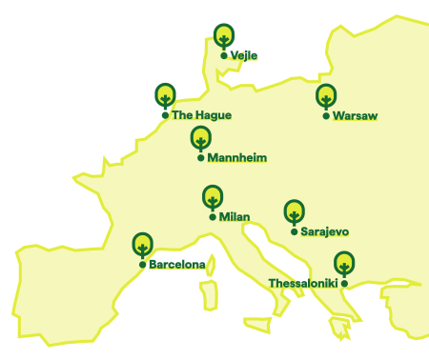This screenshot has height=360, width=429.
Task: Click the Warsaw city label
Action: pos(356,116)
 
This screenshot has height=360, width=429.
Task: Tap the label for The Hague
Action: pos(201,115)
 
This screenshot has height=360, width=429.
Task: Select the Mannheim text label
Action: pos(236,157)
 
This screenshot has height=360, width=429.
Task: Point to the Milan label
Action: pos(235,217)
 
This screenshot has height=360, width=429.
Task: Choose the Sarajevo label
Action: pos(324,231)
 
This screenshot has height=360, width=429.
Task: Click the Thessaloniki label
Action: pos(303,284)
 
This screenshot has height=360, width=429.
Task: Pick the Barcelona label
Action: pos(177,265)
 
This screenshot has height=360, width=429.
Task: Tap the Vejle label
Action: pos(244,55)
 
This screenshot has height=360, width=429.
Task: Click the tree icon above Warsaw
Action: pos(326,96)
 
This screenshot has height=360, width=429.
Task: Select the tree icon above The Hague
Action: pos(165,95)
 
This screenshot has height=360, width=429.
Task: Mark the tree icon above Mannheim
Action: pos(200,138)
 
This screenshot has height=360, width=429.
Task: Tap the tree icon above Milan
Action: pos(213,198)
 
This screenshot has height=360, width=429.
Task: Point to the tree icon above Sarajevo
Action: pos(294,211)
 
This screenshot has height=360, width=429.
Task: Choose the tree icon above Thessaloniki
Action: pos(344,263)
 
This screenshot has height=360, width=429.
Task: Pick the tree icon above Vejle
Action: pos(223,36)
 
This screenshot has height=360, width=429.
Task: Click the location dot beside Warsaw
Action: pos(326,116)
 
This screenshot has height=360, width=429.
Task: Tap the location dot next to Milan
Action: pos(213,217)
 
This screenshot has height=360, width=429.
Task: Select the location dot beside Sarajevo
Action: pos(294,231)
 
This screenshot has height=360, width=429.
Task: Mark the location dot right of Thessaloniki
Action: pos(344,284)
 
